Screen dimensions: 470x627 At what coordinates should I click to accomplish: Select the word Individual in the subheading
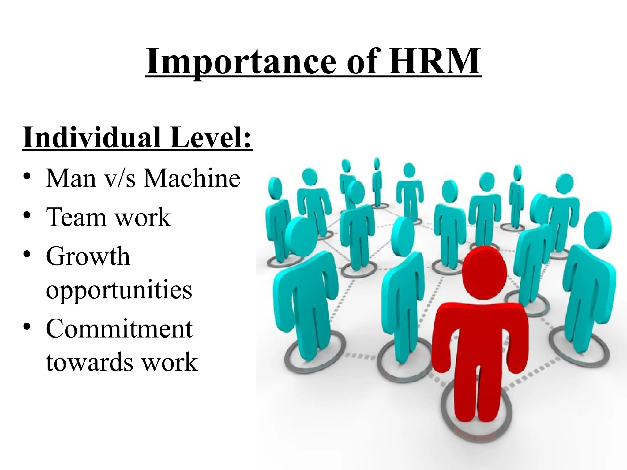[x=92, y=137]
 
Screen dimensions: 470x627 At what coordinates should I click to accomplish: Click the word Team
[x=75, y=217]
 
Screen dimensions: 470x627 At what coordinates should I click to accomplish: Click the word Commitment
[x=119, y=329]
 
